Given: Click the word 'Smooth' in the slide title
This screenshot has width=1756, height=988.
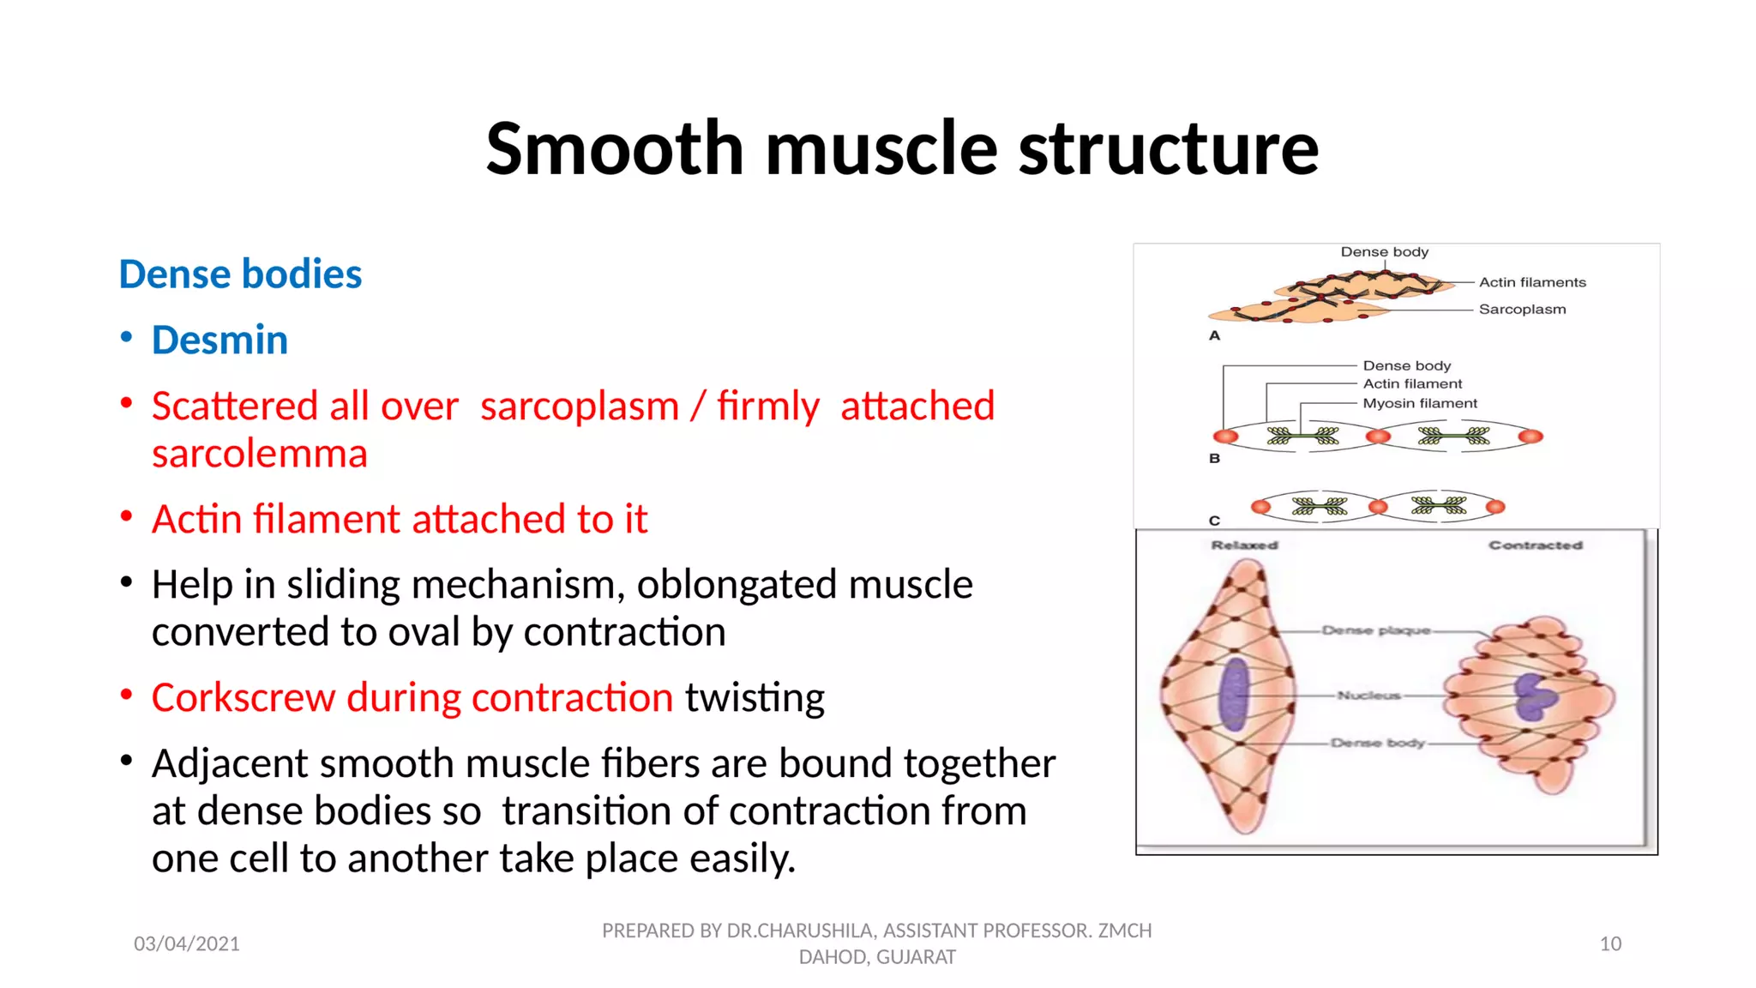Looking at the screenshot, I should pos(614,149).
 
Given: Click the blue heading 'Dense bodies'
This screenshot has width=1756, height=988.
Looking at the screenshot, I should pos(240,274).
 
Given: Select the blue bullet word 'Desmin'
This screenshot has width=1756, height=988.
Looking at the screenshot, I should pos(219,340).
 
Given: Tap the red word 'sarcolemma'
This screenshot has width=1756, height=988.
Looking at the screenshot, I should pos(259,454).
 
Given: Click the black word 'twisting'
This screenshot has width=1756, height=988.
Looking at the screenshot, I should pos(755,698).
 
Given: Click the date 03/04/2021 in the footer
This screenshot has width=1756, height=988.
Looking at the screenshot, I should pos(187,944).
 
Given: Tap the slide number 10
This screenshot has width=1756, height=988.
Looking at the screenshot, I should pos(1610,944).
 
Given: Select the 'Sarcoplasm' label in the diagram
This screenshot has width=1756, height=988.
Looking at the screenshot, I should pos(1522,310).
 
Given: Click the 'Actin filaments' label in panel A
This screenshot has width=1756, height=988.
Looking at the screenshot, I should pos(1532,282).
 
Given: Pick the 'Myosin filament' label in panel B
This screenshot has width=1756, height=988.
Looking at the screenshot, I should pos(1420,403).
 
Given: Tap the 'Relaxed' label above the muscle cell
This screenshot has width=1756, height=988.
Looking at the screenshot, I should pos(1244,545).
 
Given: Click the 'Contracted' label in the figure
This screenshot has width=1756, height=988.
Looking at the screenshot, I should pos(1535,545).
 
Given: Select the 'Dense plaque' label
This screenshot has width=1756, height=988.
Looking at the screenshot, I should pos(1375,630).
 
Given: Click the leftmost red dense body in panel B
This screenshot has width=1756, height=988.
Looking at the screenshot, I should pos(1226,437).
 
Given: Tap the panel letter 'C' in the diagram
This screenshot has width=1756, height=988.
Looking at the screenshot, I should pos(1214,521).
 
